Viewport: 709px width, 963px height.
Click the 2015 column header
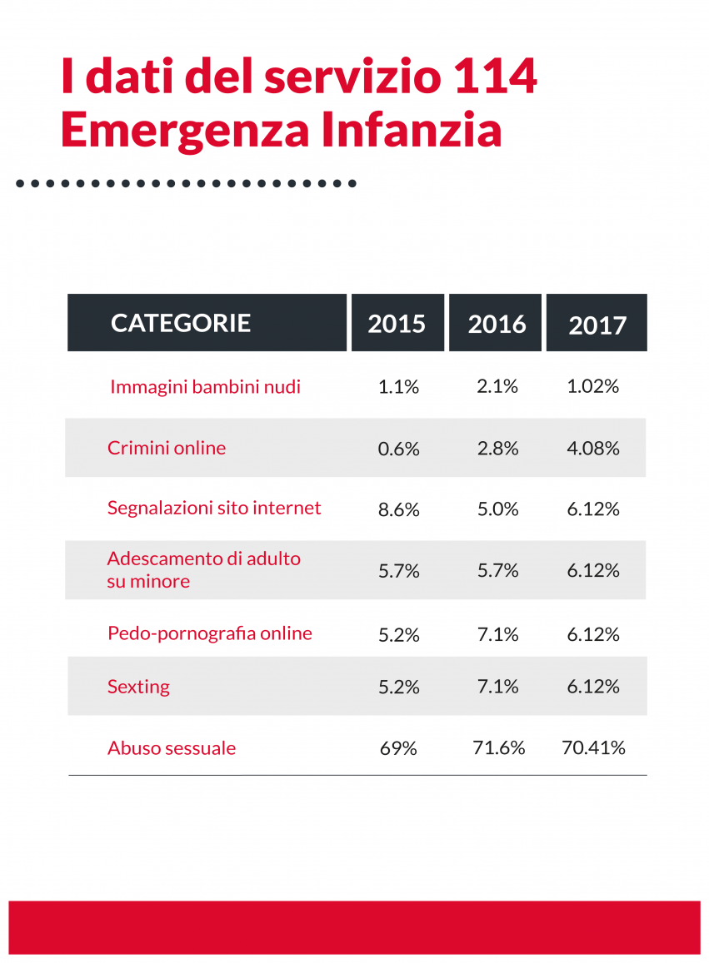tap(397, 323)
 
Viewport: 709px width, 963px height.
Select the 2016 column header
tap(497, 324)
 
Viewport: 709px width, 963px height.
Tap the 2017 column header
tap(597, 325)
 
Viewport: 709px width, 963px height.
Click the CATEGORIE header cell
tap(181, 323)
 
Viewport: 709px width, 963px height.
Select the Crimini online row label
tap(167, 448)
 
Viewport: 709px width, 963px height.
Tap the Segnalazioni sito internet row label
tap(214, 508)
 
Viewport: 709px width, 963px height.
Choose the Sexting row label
tap(138, 687)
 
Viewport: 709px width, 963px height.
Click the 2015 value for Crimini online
tap(398, 449)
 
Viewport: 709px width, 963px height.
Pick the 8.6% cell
tap(398, 509)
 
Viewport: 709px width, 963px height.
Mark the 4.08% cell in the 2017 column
tap(593, 449)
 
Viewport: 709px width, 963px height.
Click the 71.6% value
tap(498, 747)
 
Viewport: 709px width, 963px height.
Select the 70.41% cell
tap(593, 747)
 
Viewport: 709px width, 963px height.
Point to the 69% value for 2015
tap(398, 747)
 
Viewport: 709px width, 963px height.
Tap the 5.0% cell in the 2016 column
tap(498, 509)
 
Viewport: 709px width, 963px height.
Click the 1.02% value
tap(593, 387)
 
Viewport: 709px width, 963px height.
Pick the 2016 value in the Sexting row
tap(498, 687)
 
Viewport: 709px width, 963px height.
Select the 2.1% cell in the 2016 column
tap(498, 387)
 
